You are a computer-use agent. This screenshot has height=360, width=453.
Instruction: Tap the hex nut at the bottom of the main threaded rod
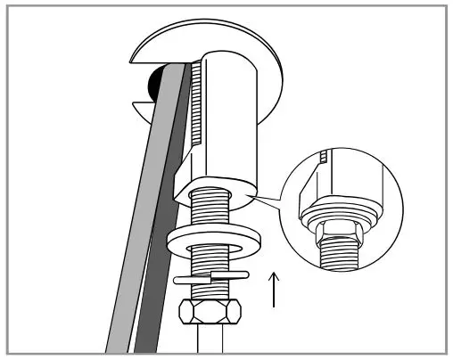point(210,315)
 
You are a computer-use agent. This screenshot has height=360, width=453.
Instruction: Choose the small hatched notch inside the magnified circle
point(325,159)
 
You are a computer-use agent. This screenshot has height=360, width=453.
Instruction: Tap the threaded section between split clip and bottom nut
point(210,292)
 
